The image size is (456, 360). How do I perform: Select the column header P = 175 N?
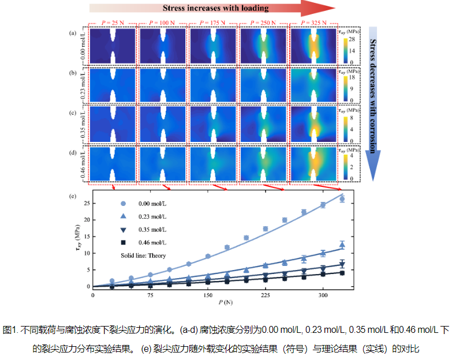pos(212,22)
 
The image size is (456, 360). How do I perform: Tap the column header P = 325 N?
pos(312,22)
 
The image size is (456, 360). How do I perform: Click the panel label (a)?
pos(73,33)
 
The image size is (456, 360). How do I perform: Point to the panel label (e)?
pos(73,196)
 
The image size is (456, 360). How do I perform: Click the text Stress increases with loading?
pos(215,8)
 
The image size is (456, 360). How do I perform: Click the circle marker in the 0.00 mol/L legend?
pos(123,204)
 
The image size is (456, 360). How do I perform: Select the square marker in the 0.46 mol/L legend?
pos(123,242)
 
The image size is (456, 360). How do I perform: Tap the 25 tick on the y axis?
pos(86,203)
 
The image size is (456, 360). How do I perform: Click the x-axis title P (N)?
pos(226,302)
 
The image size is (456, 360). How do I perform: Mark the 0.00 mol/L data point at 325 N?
pos(342,199)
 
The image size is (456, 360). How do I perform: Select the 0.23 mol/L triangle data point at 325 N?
pos(342,245)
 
